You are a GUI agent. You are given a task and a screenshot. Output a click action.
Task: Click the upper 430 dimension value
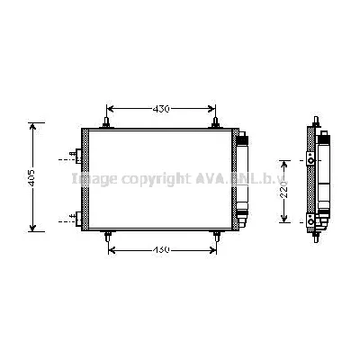[159, 109]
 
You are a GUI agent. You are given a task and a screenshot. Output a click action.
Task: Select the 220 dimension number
[282, 191]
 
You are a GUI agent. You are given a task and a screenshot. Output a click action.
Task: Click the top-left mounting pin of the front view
[107, 121]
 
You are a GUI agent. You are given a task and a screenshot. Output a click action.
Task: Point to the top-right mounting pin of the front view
[215, 121]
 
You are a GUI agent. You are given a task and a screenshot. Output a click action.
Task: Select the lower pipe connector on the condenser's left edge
[78, 217]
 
